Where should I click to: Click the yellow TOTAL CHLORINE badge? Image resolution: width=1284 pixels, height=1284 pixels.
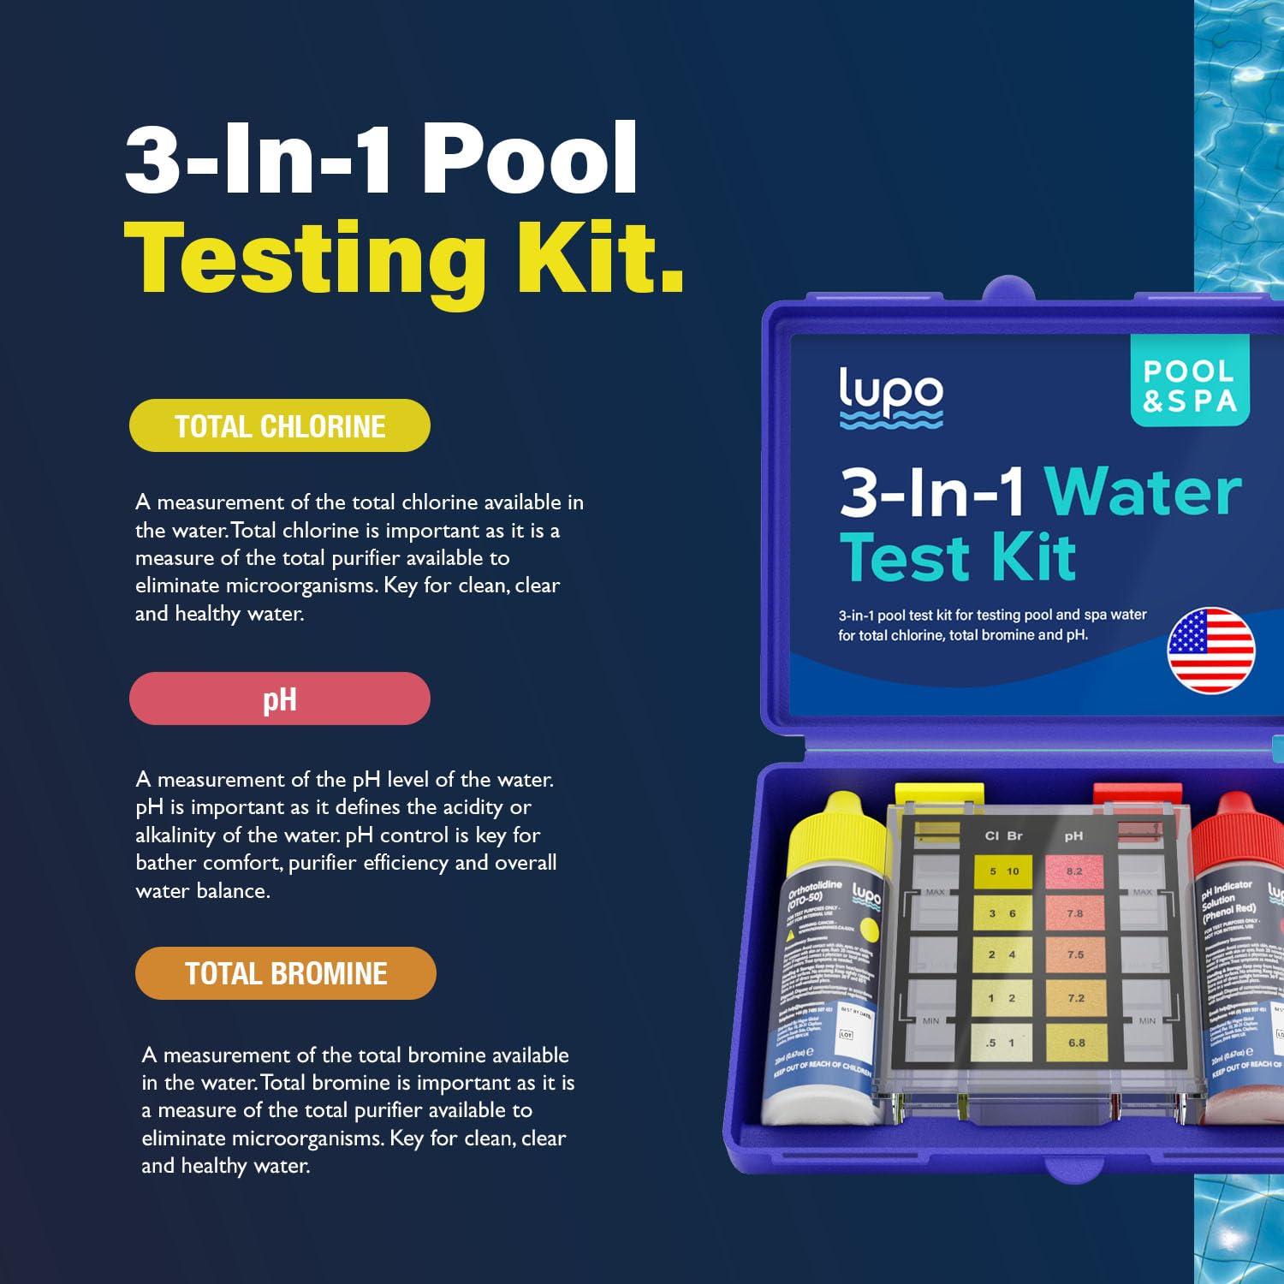(279, 425)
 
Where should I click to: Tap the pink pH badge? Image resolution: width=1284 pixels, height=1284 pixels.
(279, 698)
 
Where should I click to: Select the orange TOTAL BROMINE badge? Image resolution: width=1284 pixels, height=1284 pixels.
(285, 973)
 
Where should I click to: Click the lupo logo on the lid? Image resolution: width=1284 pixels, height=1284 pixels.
(890, 396)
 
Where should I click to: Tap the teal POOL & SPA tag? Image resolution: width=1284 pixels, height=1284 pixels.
(1189, 384)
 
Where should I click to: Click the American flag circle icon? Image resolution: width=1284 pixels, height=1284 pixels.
(1210, 651)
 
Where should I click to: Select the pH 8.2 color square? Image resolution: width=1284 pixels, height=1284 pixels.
(1075, 871)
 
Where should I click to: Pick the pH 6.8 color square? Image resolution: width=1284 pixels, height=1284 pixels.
(1075, 1043)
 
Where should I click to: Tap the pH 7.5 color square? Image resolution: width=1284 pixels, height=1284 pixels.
(1075, 954)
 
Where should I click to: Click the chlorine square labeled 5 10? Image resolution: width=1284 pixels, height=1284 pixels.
(1003, 871)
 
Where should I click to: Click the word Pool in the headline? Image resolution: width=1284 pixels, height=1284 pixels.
(530, 159)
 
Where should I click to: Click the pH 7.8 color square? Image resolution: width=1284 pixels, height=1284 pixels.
(1075, 913)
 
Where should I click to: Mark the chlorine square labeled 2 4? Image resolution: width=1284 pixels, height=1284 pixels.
(1002, 954)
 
